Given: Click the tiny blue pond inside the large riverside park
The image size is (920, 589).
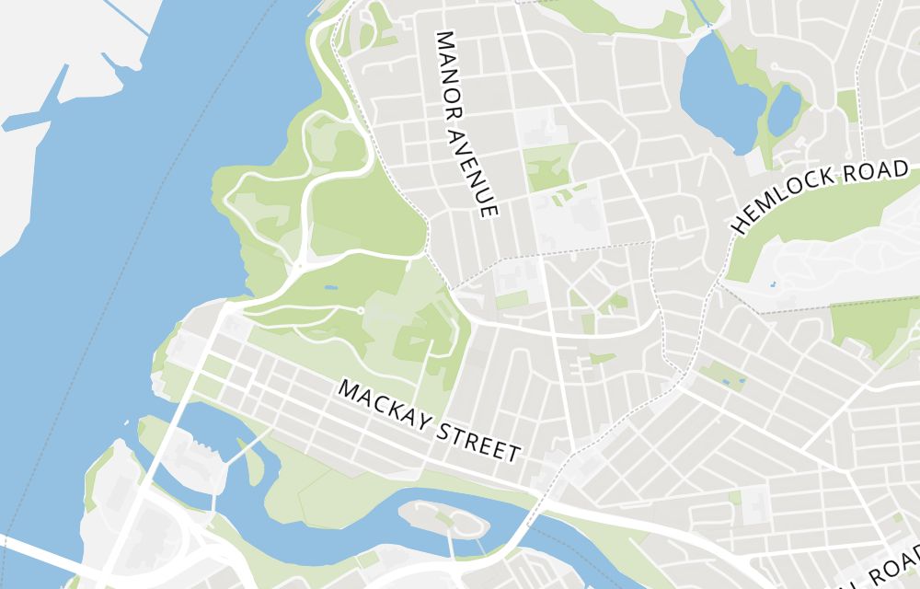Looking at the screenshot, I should tap(329, 286).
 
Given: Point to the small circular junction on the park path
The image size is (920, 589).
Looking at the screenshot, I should tap(361, 311).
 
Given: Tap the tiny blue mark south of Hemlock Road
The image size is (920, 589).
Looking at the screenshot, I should tap(770, 283).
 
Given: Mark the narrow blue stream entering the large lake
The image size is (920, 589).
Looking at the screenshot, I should tap(703, 14).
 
